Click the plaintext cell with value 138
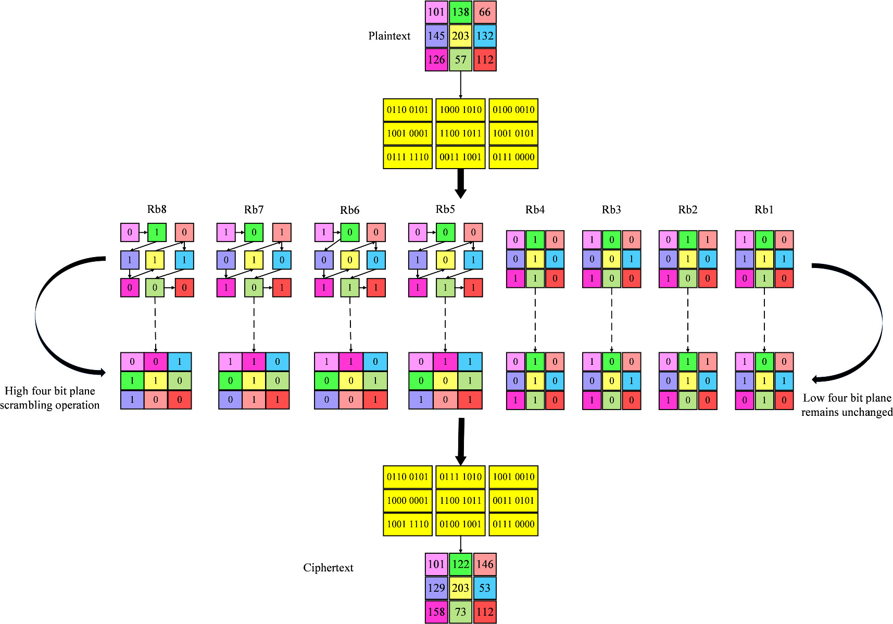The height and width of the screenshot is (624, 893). (460, 12)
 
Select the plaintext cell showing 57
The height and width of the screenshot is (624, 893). (460, 59)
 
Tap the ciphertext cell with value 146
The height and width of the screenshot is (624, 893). (484, 564)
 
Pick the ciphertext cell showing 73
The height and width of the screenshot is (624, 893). (460, 612)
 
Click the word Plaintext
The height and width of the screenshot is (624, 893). (389, 36)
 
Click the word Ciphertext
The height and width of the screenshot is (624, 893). (328, 568)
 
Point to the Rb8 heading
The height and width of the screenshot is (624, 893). (157, 209)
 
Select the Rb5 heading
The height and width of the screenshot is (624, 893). (445, 209)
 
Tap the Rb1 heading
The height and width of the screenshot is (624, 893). (764, 210)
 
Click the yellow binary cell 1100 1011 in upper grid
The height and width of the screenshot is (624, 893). (460, 133)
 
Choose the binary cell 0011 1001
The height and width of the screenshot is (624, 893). (460, 157)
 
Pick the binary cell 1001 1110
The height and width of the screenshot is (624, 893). (408, 524)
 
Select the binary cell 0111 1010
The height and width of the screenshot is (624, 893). (460, 477)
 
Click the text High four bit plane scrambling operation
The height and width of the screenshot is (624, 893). (49, 398)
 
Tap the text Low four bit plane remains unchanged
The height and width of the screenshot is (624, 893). (847, 405)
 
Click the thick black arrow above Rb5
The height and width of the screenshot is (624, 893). (460, 183)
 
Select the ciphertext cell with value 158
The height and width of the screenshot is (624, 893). (436, 612)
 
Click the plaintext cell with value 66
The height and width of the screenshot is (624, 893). (484, 12)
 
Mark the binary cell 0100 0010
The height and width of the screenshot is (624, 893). (513, 110)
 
